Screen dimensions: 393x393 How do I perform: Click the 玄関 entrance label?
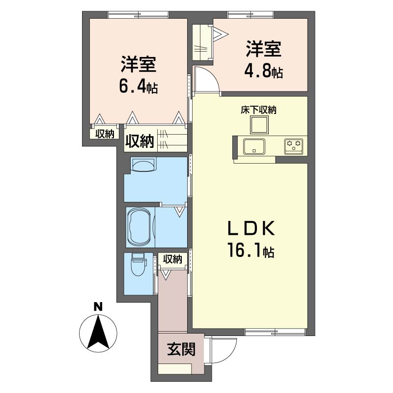click(181, 349)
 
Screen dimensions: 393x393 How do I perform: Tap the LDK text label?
click(251, 228)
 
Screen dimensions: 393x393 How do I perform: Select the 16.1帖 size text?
click(251, 251)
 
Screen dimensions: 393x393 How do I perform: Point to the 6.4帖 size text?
click(139, 87)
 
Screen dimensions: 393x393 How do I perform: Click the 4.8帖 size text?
click(263, 71)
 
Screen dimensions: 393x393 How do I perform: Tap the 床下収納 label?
click(258, 110)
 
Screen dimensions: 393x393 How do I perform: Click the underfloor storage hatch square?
click(259, 125)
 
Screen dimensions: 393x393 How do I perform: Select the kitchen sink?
click(253, 146)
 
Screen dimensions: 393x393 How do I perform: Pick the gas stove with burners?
click(293, 146)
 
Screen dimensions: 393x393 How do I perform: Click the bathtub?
click(139, 227)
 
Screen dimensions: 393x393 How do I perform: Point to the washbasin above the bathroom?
click(143, 165)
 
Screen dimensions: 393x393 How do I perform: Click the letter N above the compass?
click(98, 307)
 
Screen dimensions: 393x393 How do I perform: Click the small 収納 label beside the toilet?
click(172, 259)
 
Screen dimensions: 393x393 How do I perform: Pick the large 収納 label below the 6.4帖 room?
click(140, 141)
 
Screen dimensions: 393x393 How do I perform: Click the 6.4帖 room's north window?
click(138, 15)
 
